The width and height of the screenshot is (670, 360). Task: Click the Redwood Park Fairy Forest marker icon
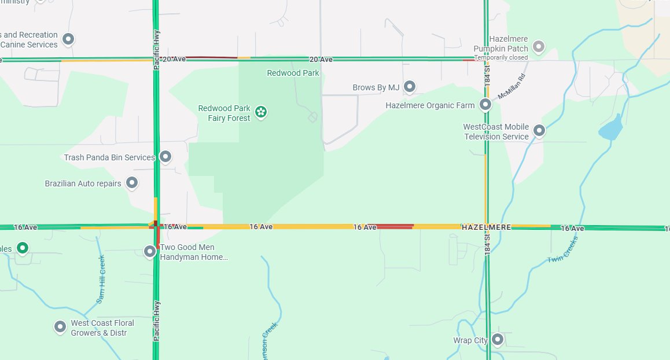[261, 112]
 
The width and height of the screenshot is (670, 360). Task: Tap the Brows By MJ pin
[410, 87]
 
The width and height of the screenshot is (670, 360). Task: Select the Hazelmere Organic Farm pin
[485, 105]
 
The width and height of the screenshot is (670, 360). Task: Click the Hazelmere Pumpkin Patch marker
[539, 46]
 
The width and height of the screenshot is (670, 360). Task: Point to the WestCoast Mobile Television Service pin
[539, 131]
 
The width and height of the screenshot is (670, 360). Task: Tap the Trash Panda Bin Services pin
[165, 156]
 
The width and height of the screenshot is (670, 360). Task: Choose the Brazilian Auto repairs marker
[132, 183]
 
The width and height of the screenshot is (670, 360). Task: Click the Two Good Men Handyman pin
[150, 251]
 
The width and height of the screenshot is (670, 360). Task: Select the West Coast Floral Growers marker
[60, 327]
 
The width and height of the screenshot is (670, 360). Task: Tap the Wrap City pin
[497, 340]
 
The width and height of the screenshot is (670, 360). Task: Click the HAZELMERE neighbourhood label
[487, 227]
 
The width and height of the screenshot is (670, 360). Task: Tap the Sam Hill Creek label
[102, 279]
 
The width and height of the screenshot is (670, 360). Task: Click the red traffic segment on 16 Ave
[395, 226]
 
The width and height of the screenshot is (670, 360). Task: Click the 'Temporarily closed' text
[501, 58]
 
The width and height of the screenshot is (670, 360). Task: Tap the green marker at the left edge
[22, 248]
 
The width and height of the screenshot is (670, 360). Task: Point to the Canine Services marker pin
[68, 39]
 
